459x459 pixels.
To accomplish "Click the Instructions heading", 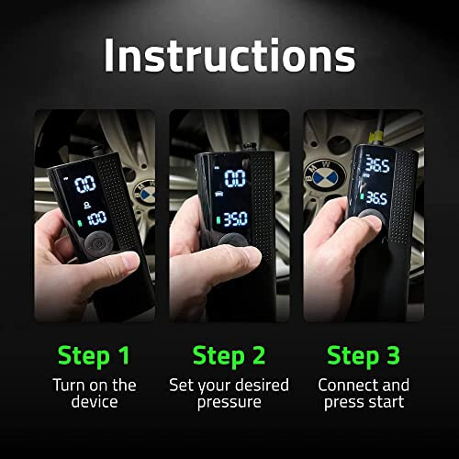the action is tap(229, 56).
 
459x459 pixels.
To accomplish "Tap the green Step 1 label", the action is tap(94, 356).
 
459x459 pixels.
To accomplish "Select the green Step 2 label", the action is tap(229, 356).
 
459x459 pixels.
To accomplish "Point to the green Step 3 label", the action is tap(364, 356).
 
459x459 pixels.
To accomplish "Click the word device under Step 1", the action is tap(95, 401).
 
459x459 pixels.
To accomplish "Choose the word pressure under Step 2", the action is tap(229, 403).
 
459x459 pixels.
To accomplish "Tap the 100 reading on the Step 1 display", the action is tap(97, 218).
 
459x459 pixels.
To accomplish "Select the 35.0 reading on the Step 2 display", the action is tap(235, 218).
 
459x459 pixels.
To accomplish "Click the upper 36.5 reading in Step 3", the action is tap(377, 165).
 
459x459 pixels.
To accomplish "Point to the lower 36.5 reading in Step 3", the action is tap(376, 198).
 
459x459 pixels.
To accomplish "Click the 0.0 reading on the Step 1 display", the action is tap(85, 185).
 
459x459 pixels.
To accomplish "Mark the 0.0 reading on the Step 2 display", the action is tap(235, 178).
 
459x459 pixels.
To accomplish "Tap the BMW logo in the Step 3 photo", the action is tap(325, 176).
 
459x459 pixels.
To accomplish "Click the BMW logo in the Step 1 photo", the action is tap(145, 193).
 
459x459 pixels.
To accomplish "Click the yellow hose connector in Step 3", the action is tap(376, 137).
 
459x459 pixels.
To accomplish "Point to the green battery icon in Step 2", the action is tap(218, 220).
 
